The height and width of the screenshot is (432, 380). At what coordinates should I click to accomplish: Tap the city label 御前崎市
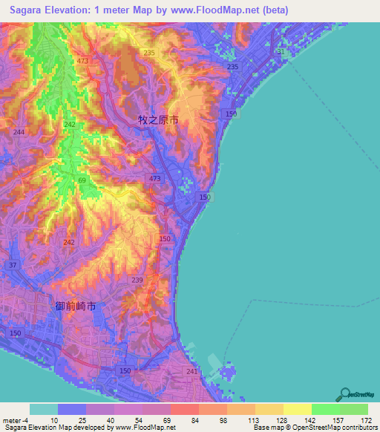76,306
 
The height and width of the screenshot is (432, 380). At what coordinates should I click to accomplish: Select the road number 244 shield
19,131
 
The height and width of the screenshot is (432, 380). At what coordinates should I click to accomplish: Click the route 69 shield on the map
82,181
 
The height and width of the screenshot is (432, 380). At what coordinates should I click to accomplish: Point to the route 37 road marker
13,265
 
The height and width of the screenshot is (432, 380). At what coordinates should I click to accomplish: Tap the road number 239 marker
137,280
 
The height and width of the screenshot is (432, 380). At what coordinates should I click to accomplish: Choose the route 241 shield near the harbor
192,372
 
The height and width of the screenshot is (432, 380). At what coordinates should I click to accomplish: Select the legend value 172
364,420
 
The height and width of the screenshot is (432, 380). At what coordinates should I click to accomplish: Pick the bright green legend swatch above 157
325,409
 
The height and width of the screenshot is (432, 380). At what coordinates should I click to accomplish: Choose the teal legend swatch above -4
43,409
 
